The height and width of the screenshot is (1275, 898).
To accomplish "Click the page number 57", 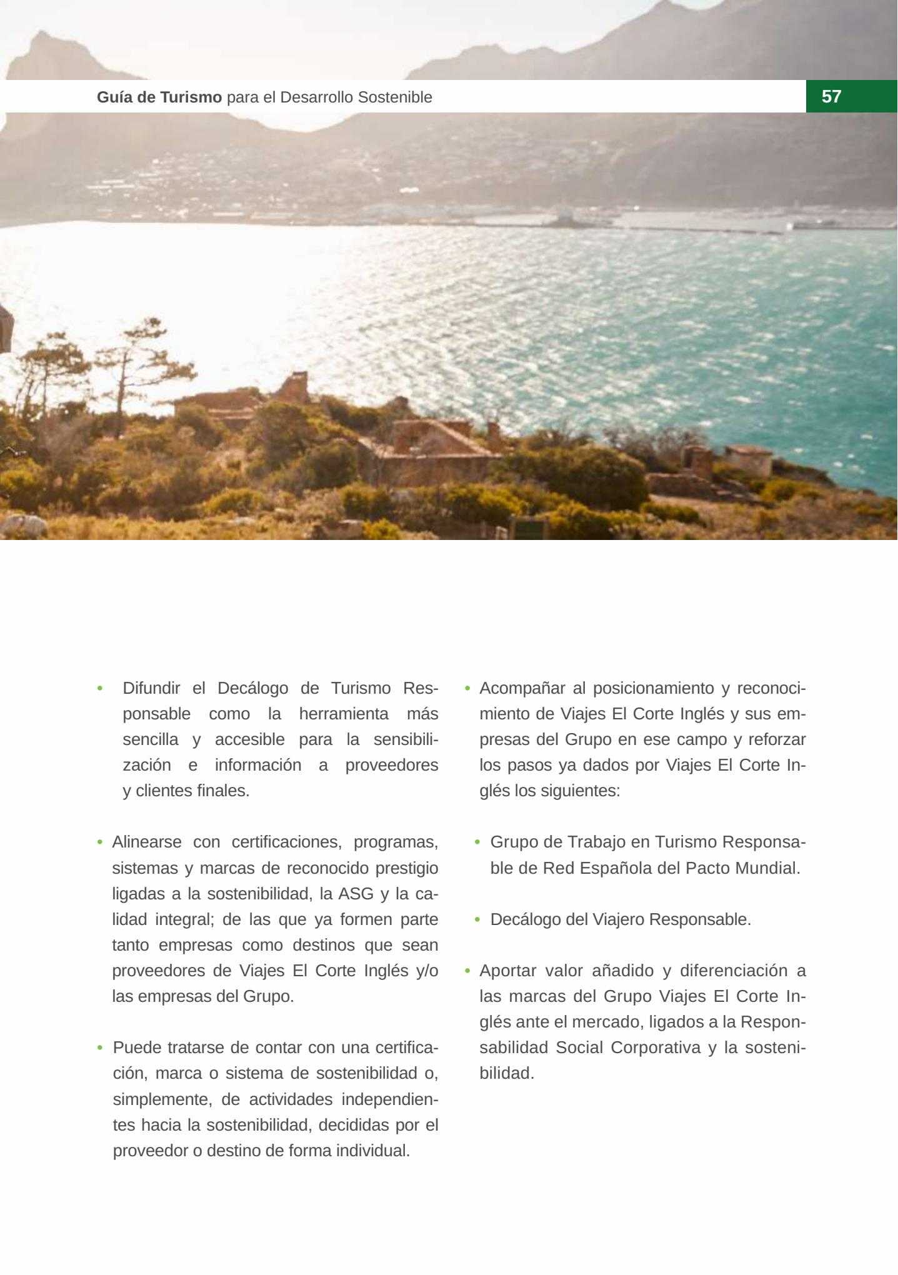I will (x=831, y=96).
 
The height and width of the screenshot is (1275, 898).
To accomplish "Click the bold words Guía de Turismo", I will (x=159, y=97).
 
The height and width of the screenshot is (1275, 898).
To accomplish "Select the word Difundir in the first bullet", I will (x=151, y=688).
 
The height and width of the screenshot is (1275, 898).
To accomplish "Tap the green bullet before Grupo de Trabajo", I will (x=477, y=842).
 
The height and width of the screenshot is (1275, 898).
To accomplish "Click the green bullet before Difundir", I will (x=99, y=688).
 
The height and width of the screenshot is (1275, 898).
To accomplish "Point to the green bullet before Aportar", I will (x=467, y=971).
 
